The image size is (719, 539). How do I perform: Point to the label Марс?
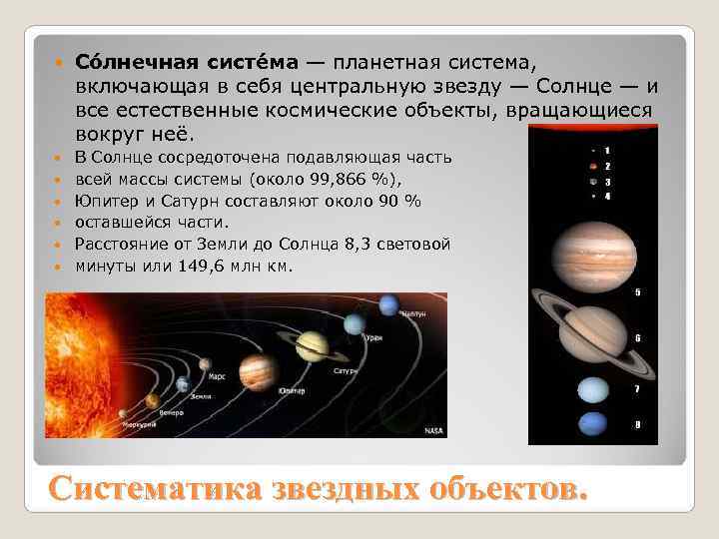217,376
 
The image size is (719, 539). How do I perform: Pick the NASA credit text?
433,430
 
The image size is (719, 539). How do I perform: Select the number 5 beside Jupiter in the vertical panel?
638,292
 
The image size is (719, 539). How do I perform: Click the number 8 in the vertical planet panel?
638,426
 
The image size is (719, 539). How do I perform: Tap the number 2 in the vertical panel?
608,165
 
